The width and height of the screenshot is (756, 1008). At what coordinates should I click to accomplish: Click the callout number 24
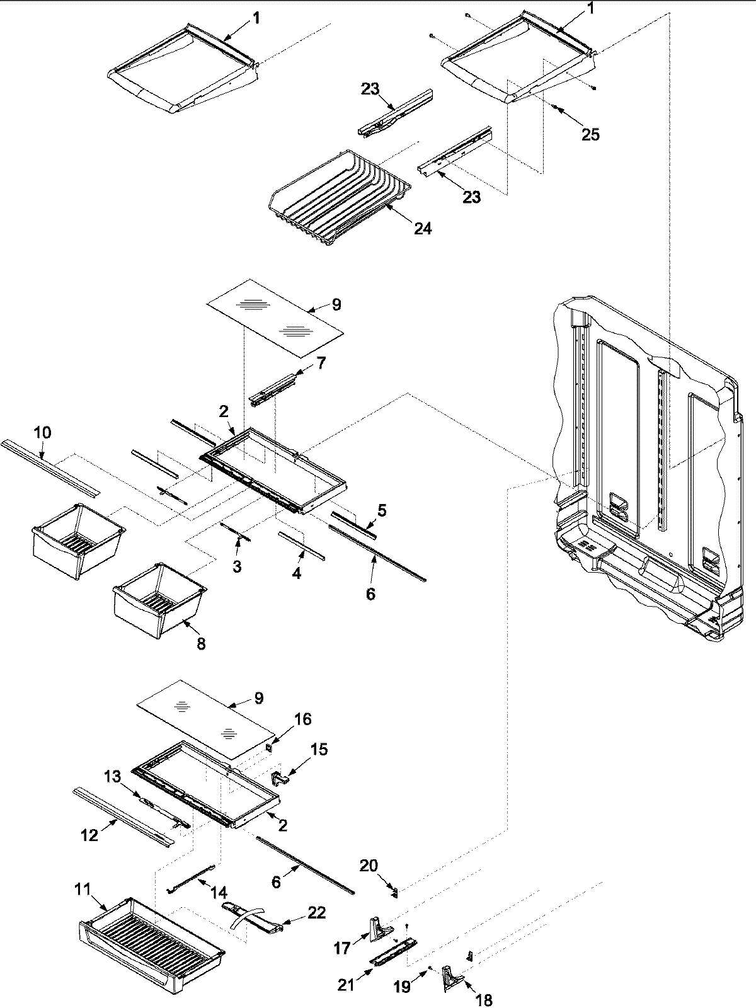click(x=423, y=228)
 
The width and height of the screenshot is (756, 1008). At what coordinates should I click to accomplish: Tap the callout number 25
click(x=590, y=134)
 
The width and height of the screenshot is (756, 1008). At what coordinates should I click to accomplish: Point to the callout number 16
click(x=302, y=719)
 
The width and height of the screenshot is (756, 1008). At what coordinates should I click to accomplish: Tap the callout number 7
click(x=321, y=363)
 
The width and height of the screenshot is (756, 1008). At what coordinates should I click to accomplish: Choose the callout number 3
click(x=236, y=566)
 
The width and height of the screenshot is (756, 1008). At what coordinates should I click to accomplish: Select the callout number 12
click(x=89, y=835)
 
